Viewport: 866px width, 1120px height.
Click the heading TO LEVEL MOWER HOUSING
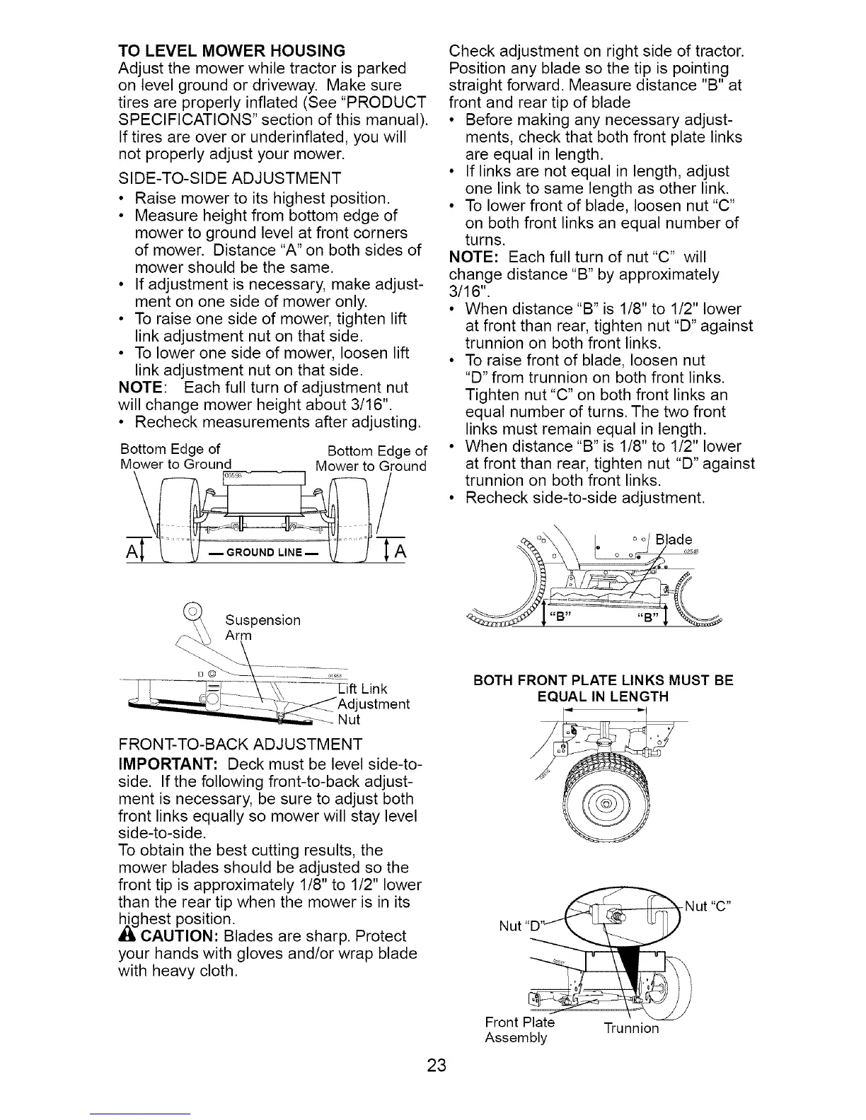pos(231,51)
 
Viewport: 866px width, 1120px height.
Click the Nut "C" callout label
pos(708,905)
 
